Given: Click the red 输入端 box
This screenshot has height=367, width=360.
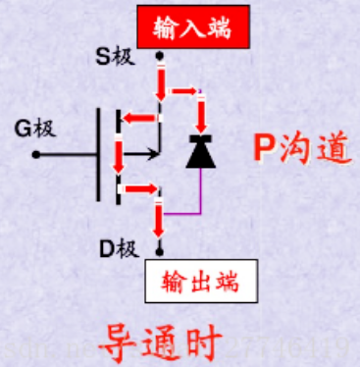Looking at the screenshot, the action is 191,27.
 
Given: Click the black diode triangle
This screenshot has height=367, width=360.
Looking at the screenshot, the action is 200,151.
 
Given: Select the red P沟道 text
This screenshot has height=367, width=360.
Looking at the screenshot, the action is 298,149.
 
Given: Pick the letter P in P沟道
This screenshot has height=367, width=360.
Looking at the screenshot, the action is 261,149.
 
